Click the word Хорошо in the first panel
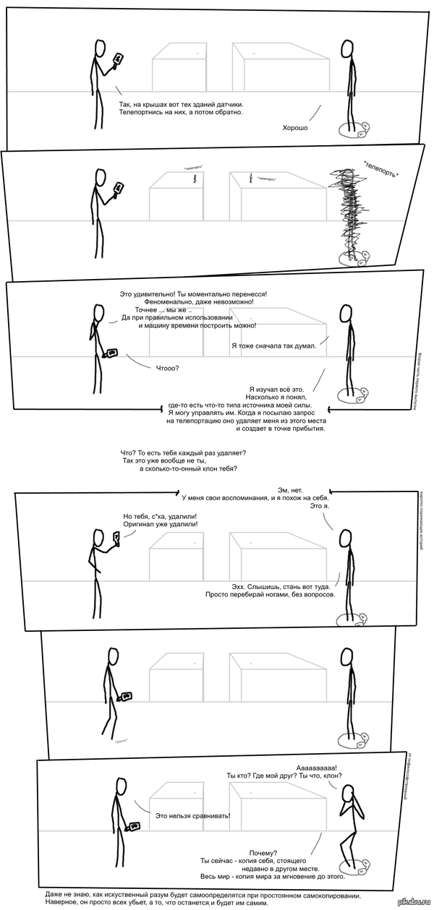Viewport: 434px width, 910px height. pos(295,127)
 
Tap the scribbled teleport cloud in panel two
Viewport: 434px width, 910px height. pos(348,210)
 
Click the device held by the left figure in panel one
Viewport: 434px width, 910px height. pos(119,58)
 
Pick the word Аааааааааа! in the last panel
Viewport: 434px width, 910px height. pos(317,767)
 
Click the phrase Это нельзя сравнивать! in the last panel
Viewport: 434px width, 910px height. pos(193,815)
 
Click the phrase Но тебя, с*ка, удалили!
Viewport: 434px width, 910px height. pos(161,516)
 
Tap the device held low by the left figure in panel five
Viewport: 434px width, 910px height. pos(127,696)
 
